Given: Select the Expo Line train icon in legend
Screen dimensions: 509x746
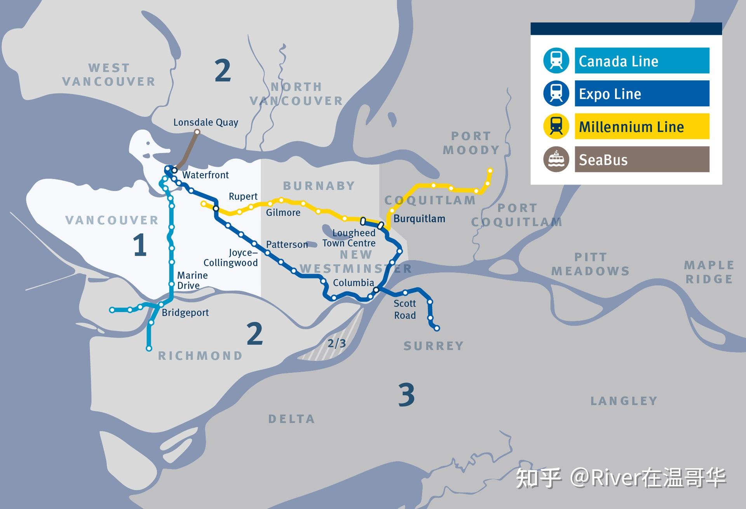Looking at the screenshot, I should tap(556, 93).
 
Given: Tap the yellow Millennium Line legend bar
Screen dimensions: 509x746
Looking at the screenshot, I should tap(641, 126).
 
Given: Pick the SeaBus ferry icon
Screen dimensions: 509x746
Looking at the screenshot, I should tap(556, 159).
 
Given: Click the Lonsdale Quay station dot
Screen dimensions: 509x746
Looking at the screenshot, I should tap(197, 132).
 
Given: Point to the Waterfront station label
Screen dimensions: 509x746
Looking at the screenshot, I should tap(206, 175).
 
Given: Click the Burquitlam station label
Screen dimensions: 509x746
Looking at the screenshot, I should tap(419, 218).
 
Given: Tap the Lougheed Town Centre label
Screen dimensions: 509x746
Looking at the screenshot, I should tap(349, 238).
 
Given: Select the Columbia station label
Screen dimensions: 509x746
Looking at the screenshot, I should tap(353, 282).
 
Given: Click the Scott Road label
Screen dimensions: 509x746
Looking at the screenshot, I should tap(405, 309).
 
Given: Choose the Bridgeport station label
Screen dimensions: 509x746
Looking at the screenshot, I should tap(185, 312).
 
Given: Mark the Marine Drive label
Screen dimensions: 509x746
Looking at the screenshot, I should tap(192, 280).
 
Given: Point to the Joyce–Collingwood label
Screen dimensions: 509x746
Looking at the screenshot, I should tap(231, 258).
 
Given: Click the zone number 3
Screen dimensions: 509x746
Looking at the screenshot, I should tap(406, 395).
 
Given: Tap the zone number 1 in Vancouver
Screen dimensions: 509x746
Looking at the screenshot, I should tap(139, 245).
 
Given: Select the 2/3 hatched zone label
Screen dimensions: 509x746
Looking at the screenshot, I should tap(336, 343).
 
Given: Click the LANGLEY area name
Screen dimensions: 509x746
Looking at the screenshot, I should tap(624, 401).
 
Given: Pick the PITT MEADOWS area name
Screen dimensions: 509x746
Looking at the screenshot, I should tap(590, 264).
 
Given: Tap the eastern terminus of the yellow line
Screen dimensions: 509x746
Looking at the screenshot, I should tap(490, 171).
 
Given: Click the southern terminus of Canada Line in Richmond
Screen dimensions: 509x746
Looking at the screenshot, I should tap(149, 349).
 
